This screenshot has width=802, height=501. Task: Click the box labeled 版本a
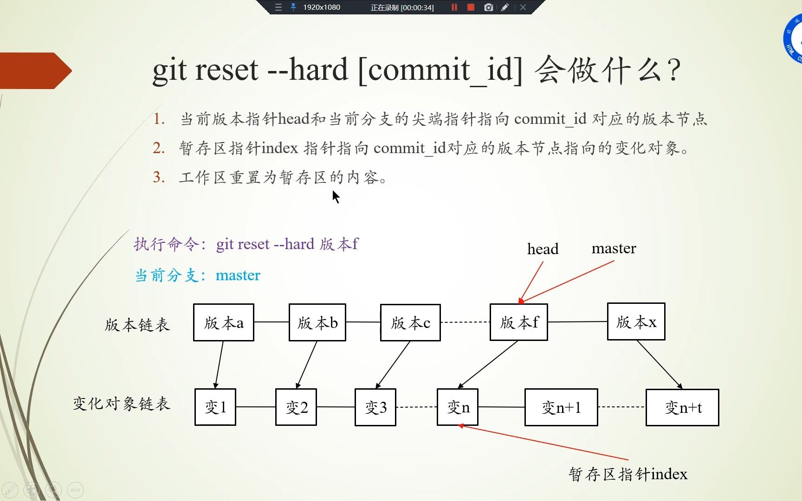[x=223, y=322]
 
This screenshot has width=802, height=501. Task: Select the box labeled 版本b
[x=317, y=322]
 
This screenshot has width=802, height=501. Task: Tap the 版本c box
[x=410, y=322]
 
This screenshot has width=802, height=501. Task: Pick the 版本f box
[x=518, y=322]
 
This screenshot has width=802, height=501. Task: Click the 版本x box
[x=636, y=321]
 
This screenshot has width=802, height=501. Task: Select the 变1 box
[x=215, y=407]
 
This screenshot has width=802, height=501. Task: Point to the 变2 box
[x=296, y=407]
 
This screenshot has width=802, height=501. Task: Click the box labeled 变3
[x=375, y=407]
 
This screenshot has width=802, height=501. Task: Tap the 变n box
[x=458, y=407]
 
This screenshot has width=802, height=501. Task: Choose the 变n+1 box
[x=561, y=407]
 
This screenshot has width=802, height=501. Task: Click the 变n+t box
[x=682, y=407]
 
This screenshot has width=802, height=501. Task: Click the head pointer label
[x=543, y=249]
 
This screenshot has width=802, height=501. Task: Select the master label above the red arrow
[x=614, y=248]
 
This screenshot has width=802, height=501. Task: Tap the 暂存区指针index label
[x=628, y=474]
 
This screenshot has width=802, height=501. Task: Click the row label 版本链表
[x=137, y=325]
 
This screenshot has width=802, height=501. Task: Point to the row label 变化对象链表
[x=122, y=404]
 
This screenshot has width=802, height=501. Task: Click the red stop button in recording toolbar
[x=471, y=7]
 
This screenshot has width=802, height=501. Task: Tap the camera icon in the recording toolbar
[x=488, y=7]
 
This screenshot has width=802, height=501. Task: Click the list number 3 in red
[x=159, y=177]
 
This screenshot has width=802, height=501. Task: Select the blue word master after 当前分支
[x=238, y=275]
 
